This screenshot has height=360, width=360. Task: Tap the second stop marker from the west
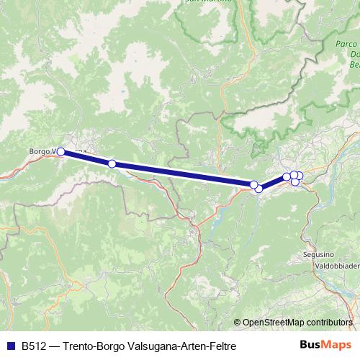pyautogui.click(x=112, y=164)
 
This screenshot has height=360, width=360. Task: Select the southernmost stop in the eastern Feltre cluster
pyautogui.click(x=295, y=182)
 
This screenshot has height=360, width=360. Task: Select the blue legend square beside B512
pyautogui.click(x=11, y=346)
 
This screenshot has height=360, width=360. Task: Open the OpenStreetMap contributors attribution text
pyautogui.click(x=297, y=322)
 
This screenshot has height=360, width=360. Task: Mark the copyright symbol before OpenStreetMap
pyautogui.click(x=237, y=322)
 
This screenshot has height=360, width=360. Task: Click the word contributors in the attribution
pyautogui.click(x=328, y=322)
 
